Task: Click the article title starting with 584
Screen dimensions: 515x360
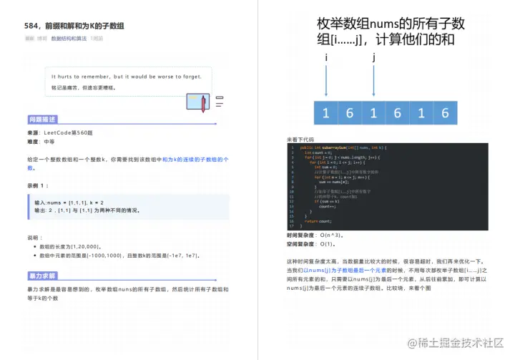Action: (74, 26)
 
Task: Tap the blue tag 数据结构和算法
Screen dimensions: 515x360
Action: (69, 38)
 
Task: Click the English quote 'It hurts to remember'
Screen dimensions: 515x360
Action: (126, 76)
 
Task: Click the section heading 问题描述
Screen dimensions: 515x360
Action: (42, 120)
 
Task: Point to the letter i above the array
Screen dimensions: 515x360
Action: (326, 56)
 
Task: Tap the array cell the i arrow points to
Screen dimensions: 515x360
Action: (326, 112)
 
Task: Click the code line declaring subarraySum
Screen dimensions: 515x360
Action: (340, 147)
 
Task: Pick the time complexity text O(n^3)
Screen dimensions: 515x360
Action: (333, 234)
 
